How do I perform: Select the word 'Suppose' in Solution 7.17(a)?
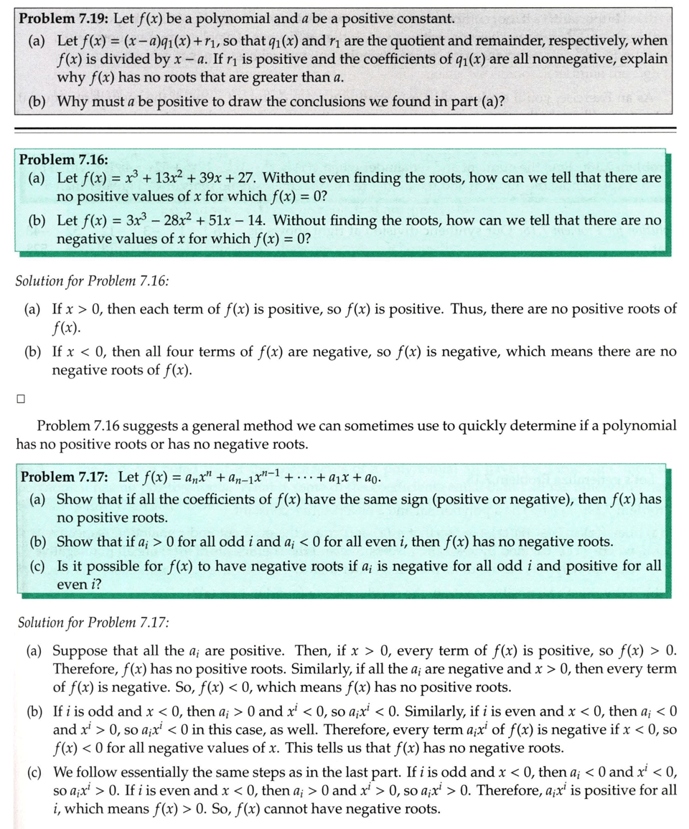coord(80,651)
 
